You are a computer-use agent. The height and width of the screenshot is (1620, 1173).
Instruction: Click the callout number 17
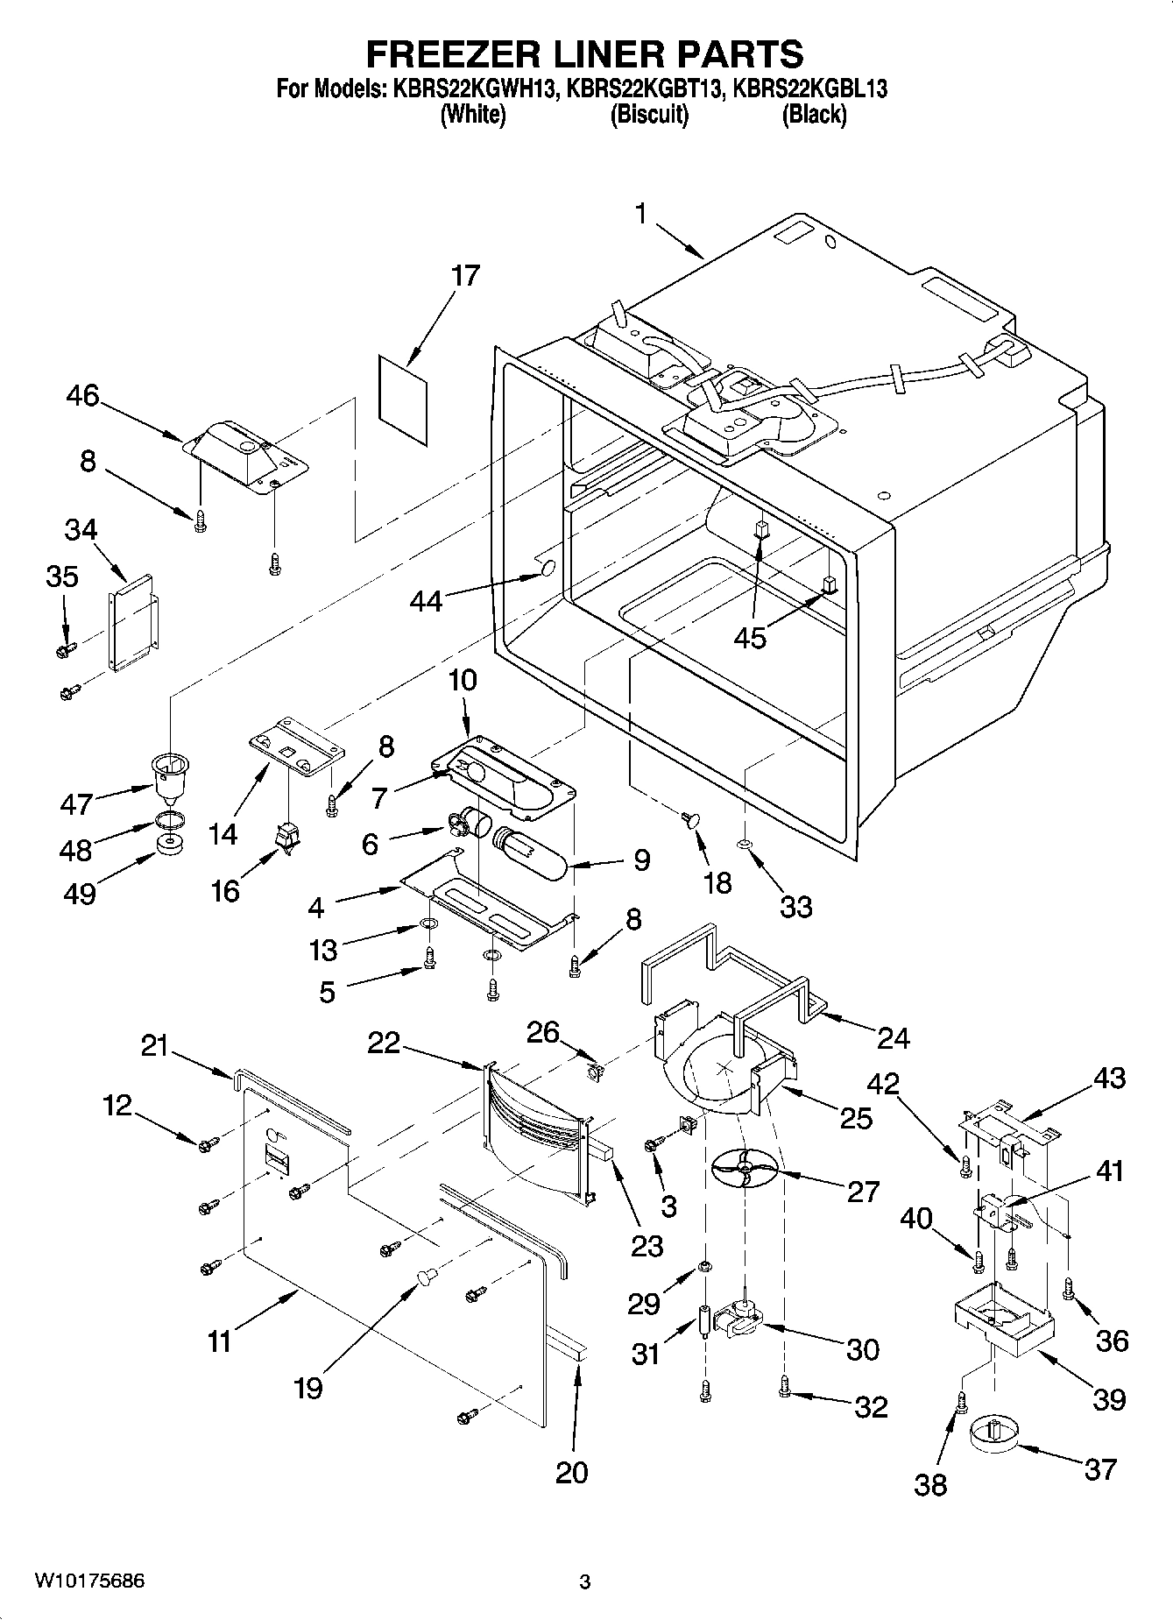[x=465, y=275]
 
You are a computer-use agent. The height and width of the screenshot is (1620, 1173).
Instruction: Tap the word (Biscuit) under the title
[x=649, y=114]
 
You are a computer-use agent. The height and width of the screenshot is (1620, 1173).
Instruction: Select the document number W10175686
[x=89, y=1581]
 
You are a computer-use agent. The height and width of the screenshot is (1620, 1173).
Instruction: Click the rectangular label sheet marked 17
[x=404, y=400]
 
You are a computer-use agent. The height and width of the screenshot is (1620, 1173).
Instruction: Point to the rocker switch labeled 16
[x=287, y=840]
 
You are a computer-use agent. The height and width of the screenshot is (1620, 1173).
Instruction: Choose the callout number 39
[x=1109, y=1399]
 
